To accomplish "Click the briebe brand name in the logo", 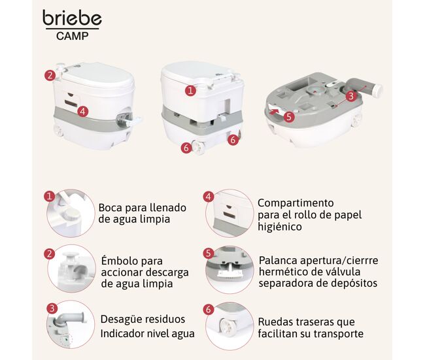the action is (72, 18).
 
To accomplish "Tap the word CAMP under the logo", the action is (73, 36).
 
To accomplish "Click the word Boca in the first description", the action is (110, 208).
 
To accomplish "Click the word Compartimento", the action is (296, 203).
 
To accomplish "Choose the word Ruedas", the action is (275, 322).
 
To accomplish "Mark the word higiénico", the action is (280, 227).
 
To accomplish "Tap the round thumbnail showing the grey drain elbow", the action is (71, 325).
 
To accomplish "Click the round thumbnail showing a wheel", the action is (229, 326).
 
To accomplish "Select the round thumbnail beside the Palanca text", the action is (229, 269).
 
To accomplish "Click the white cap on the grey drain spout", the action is (377, 90).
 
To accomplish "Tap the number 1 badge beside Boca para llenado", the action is (49, 195).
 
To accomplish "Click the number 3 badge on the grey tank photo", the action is (351, 96).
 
